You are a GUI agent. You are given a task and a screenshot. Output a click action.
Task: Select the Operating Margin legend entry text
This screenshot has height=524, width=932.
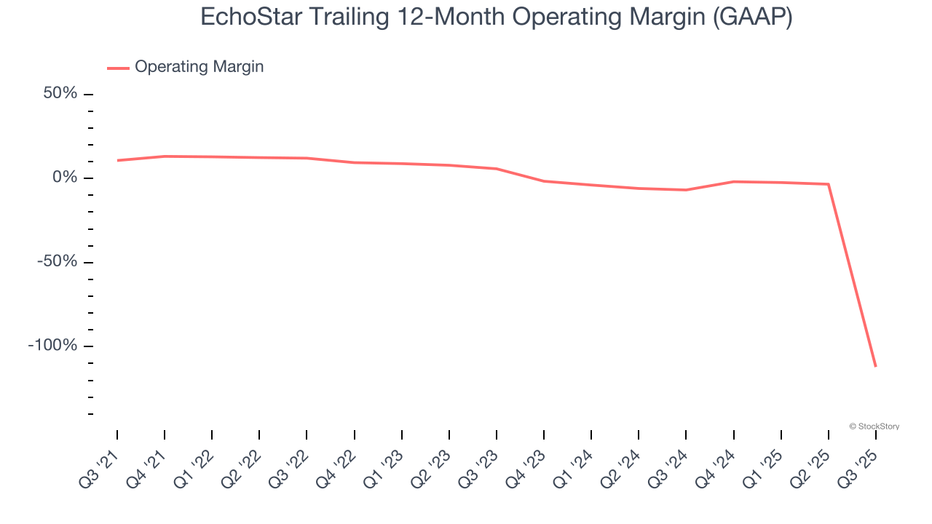click(x=199, y=67)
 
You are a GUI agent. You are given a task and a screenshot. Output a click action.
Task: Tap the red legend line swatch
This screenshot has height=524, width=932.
click(x=118, y=68)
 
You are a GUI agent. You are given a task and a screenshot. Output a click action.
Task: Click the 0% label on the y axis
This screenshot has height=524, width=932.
click(x=64, y=178)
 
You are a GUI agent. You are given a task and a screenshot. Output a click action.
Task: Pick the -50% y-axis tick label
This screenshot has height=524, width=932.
click(x=58, y=261)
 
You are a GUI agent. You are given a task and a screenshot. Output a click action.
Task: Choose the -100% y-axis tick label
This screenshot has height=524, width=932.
click(x=52, y=345)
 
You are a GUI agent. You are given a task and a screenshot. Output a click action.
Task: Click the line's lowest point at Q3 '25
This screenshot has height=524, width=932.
click(x=875, y=366)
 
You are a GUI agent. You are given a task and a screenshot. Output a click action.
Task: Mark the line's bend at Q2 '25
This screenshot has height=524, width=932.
click(x=828, y=184)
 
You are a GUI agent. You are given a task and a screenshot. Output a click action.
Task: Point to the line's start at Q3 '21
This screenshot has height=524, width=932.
click(x=117, y=160)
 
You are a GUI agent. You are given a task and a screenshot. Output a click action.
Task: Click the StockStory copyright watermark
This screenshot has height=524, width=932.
click(x=874, y=426)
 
